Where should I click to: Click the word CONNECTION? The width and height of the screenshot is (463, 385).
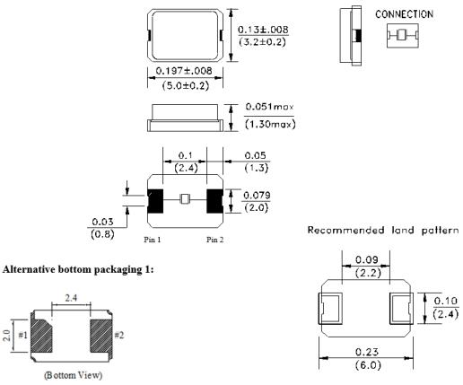pyautogui.click(x=404, y=14)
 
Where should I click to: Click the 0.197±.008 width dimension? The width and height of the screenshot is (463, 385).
pyautogui.click(x=184, y=71)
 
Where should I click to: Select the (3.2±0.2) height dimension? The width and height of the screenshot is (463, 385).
pyautogui.click(x=262, y=41)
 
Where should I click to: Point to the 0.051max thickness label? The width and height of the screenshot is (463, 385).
pyautogui.click(x=269, y=107)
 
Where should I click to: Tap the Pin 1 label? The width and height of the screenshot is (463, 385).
pyautogui.click(x=153, y=240)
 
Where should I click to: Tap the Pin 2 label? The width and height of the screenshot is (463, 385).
pyautogui.click(x=214, y=240)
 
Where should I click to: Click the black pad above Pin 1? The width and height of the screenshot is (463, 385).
pyautogui.click(x=155, y=201)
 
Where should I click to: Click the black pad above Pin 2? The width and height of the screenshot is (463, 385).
pyautogui.click(x=214, y=201)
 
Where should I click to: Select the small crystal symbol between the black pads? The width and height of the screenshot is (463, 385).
pyautogui.click(x=185, y=199)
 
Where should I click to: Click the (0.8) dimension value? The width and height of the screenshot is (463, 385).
pyautogui.click(x=102, y=234)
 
